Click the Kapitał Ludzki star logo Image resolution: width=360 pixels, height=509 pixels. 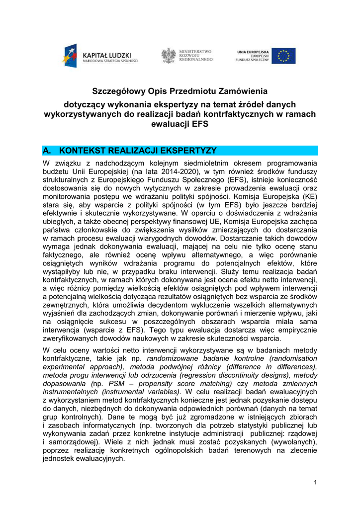(69, 56)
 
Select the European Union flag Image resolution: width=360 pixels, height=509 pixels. (283, 56)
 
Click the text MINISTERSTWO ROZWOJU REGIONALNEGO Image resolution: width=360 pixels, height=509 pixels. (195, 55)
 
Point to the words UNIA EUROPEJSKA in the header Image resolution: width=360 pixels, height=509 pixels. (253, 51)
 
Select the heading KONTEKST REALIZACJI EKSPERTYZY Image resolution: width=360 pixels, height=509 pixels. (138, 151)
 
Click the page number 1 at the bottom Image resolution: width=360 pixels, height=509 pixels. (315, 483)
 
